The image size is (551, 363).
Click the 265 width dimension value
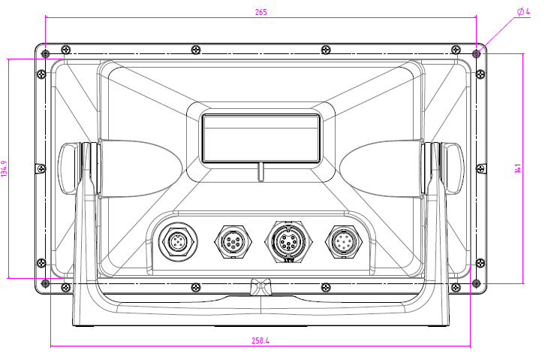260,12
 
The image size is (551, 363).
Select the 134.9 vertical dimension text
5,168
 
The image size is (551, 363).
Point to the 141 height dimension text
518,168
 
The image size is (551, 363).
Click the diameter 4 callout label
523,12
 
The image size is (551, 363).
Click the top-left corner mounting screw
45,53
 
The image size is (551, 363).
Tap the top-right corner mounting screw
476,53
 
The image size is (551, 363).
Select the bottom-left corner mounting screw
45,283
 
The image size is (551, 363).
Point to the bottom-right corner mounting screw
476,283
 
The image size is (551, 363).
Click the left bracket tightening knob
68,168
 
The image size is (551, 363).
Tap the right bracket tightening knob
453,168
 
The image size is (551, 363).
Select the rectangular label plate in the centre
260,138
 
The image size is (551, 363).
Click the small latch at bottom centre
260,286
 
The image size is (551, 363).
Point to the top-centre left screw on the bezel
196,50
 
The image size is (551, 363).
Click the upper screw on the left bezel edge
40,74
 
